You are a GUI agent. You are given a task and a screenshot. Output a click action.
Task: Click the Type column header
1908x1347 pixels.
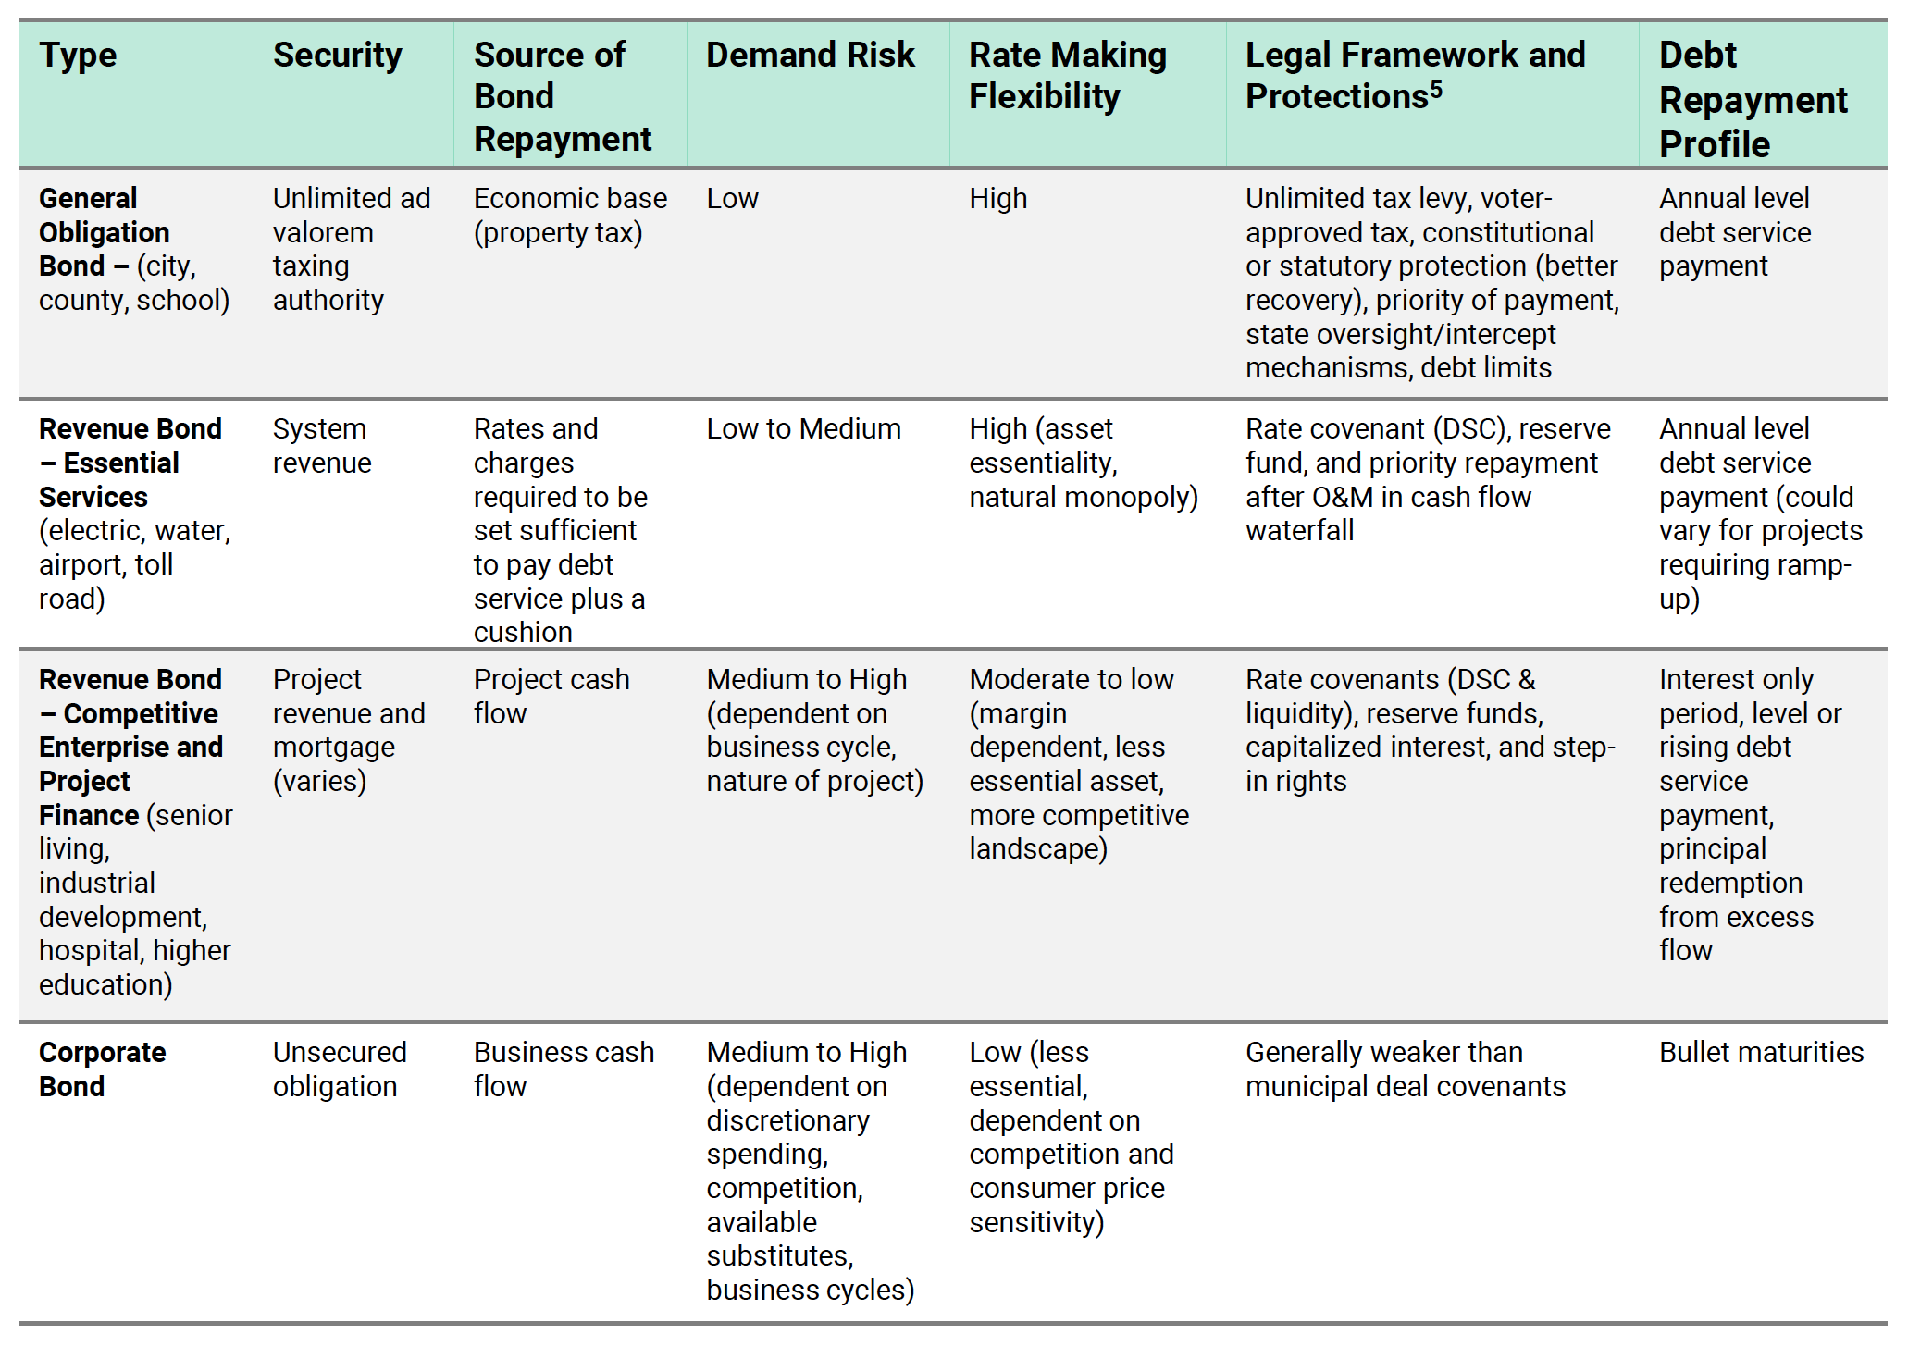coord(78,56)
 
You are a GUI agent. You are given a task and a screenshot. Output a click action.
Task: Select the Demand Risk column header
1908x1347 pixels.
coord(811,55)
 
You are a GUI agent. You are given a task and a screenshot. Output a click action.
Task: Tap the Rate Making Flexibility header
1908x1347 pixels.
coord(1068,75)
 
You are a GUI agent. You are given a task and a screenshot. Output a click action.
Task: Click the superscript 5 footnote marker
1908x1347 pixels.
coord(1436,89)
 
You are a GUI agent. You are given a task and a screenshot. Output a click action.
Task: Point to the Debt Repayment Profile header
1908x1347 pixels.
coord(1753,99)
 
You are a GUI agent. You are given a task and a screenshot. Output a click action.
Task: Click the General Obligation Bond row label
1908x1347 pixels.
coord(134,249)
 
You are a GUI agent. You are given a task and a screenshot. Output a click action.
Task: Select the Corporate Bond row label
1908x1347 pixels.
coord(103,1069)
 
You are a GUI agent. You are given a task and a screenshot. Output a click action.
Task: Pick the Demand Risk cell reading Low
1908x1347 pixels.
coord(732,199)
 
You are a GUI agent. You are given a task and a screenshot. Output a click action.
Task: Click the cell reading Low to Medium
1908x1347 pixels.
coord(803,428)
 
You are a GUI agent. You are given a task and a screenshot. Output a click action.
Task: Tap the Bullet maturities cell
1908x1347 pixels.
coord(1761,1052)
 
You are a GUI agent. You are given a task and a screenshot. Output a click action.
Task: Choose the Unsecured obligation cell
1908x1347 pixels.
coord(340,1069)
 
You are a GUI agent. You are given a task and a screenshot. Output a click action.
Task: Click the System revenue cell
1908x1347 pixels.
coord(322,445)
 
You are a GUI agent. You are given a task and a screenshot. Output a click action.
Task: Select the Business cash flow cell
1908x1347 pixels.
coord(564,1069)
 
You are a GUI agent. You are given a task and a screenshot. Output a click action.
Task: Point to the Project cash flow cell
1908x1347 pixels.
coord(551,696)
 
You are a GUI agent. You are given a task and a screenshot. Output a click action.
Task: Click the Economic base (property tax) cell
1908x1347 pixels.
coord(570,215)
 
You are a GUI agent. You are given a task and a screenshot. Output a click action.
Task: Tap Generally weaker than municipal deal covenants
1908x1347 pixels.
coord(1406,1069)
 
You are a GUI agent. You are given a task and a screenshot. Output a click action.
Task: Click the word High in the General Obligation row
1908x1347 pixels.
coord(998,199)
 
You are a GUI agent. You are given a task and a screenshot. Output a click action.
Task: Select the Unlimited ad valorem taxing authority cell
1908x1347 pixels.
coord(352,249)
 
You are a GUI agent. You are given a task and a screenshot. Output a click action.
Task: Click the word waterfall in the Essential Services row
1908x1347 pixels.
coord(1299,530)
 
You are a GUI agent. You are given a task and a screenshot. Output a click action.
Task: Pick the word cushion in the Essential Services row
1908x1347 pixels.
coord(523,632)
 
